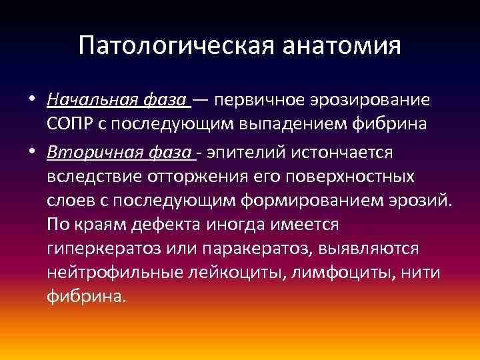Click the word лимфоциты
click(307, 273)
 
